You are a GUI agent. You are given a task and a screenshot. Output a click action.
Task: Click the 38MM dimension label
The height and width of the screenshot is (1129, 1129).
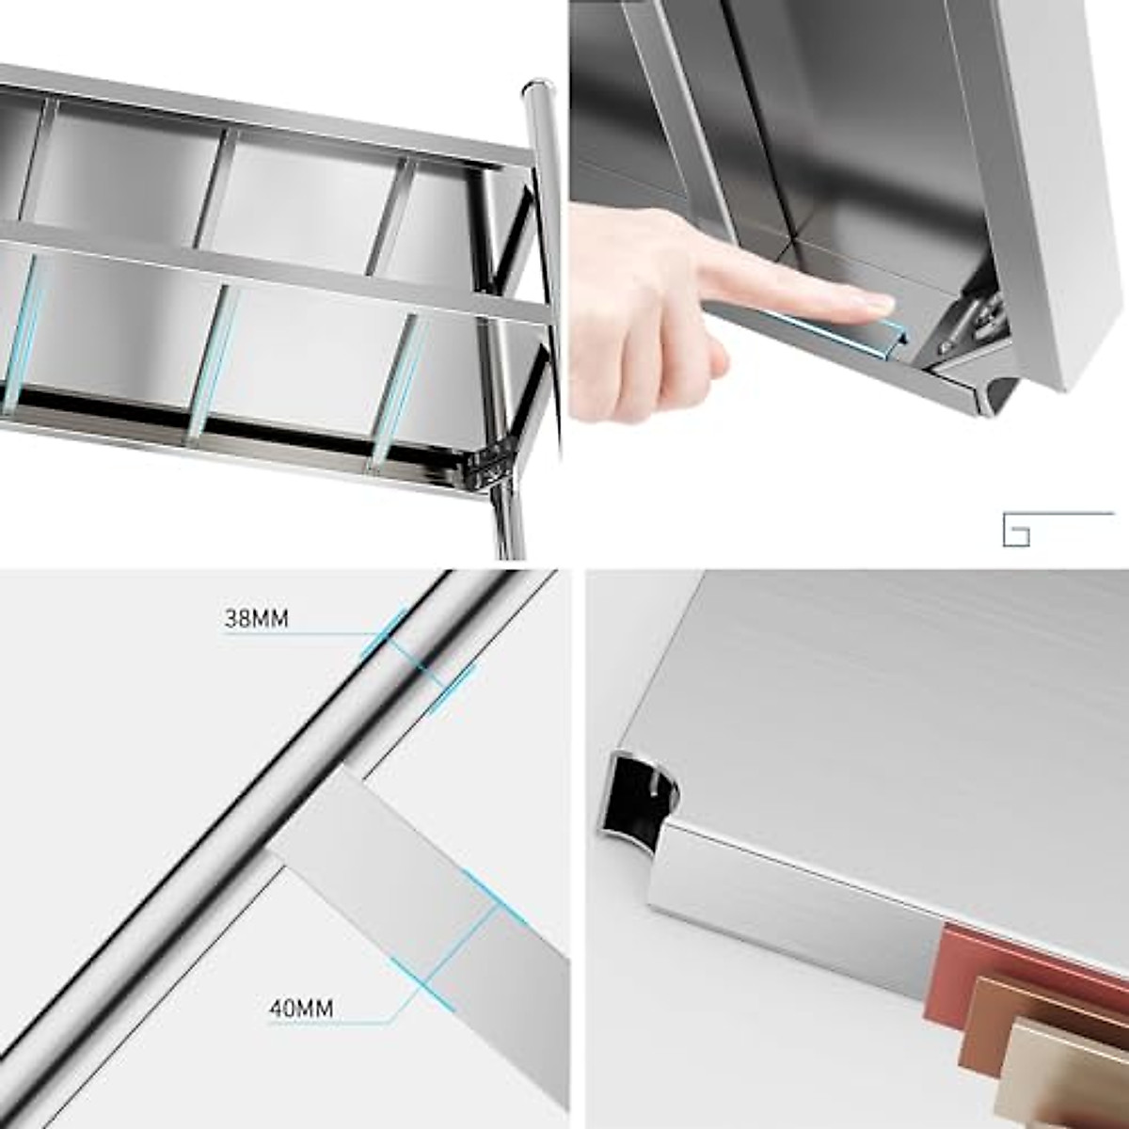256,620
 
